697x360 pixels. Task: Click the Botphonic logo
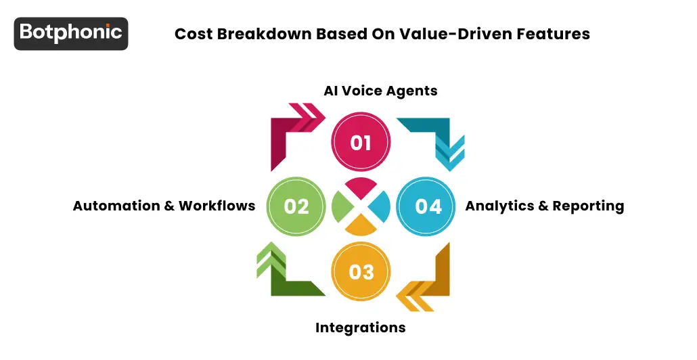point(71,33)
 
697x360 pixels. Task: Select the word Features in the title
point(556,34)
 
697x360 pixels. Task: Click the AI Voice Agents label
point(380,91)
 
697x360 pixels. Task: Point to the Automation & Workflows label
point(164,206)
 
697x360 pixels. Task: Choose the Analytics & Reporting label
point(544,206)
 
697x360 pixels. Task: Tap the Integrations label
point(360,328)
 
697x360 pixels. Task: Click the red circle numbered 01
point(361,142)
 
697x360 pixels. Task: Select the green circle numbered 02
point(296,206)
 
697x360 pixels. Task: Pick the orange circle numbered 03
point(361,271)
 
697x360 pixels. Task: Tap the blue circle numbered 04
point(426,206)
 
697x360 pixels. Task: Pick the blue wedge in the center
point(380,206)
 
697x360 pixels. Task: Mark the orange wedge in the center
point(361,225)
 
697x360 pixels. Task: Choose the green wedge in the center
point(341,206)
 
